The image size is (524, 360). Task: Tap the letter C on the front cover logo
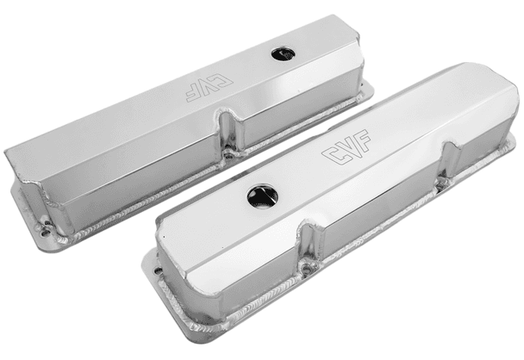coord(329,157)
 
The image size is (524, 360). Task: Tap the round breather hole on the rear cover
coord(281,53)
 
